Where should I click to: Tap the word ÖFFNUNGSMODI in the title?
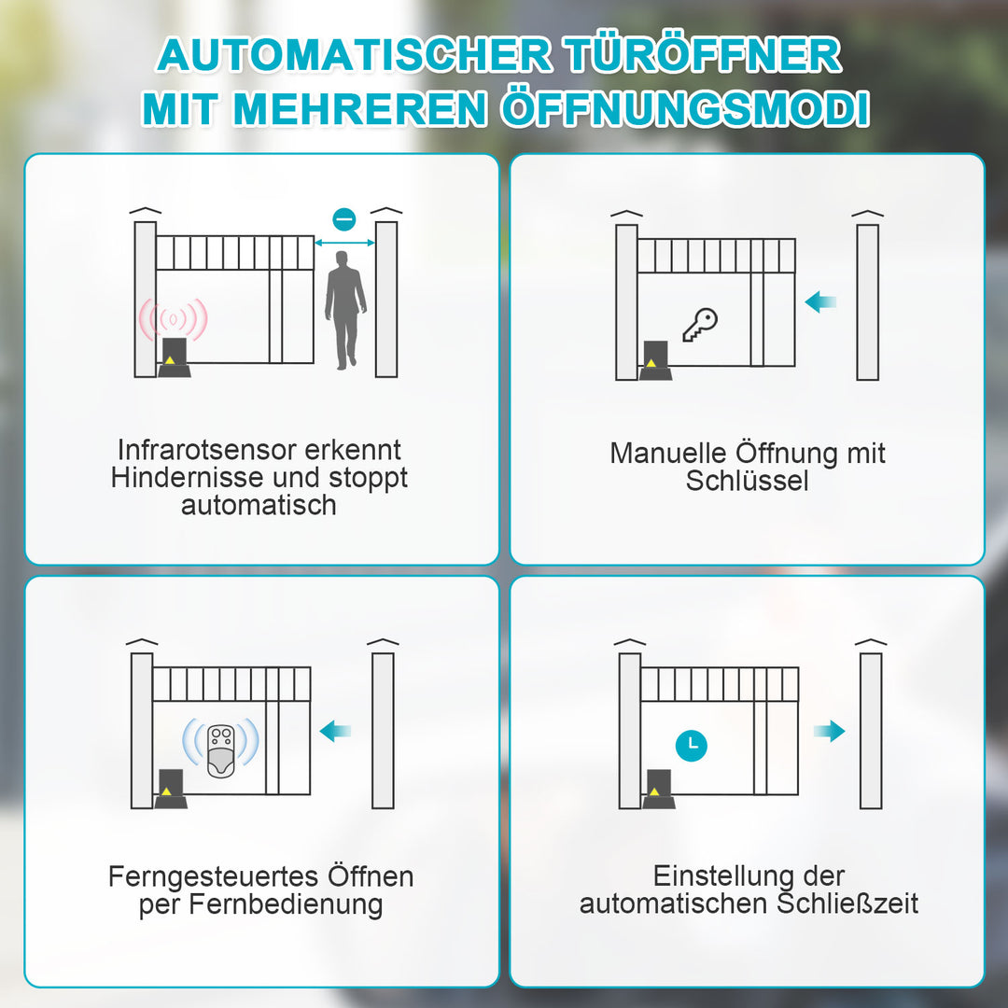point(685,109)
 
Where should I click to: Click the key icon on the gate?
point(699,324)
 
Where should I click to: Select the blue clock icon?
point(691,744)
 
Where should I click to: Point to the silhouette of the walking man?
point(345,309)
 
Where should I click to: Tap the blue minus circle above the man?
point(344,219)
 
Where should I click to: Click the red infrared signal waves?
point(173,320)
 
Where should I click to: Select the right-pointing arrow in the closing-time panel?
point(828,731)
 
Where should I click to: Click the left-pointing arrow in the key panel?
point(820,301)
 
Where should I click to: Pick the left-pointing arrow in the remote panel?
point(335,731)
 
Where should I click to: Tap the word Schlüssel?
point(747,482)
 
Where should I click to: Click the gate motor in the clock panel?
point(657,790)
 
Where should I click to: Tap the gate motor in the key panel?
point(655,362)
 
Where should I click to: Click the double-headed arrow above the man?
point(344,243)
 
